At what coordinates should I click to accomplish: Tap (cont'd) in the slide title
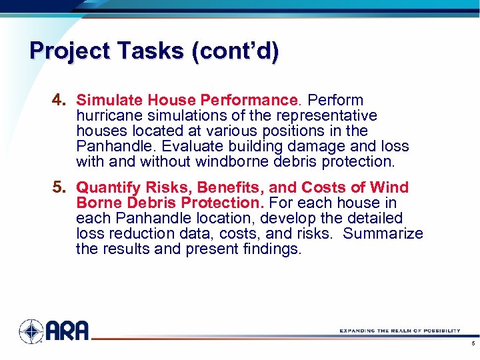click(235, 51)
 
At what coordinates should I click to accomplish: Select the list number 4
click(58, 101)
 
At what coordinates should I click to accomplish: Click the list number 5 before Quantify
click(58, 187)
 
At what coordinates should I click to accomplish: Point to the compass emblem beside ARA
click(31, 331)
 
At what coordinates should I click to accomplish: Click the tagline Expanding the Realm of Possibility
click(399, 331)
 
